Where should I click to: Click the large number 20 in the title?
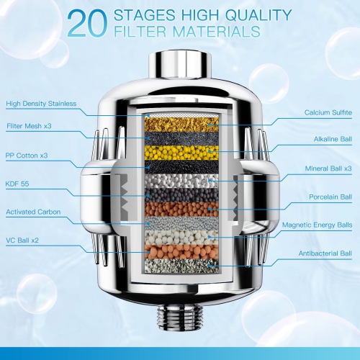click(x=87, y=24)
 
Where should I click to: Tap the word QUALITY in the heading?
click(x=258, y=15)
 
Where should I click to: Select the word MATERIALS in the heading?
click(x=216, y=32)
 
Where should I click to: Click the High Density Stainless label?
click(x=41, y=104)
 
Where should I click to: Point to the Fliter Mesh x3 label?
click(x=29, y=126)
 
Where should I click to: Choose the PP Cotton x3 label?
click(x=27, y=156)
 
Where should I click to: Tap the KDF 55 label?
click(x=17, y=184)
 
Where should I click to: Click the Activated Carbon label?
click(x=33, y=212)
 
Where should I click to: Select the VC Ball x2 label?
click(x=22, y=240)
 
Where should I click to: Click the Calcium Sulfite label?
click(x=328, y=112)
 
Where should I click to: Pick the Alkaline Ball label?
click(x=333, y=139)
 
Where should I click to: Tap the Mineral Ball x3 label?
click(x=328, y=168)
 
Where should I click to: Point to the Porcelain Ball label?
click(x=330, y=197)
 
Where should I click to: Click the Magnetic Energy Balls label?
click(x=317, y=225)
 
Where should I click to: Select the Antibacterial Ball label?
click(x=325, y=253)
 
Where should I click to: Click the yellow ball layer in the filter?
click(x=181, y=153)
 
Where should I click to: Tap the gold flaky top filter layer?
click(x=181, y=125)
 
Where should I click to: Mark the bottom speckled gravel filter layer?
click(x=181, y=266)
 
